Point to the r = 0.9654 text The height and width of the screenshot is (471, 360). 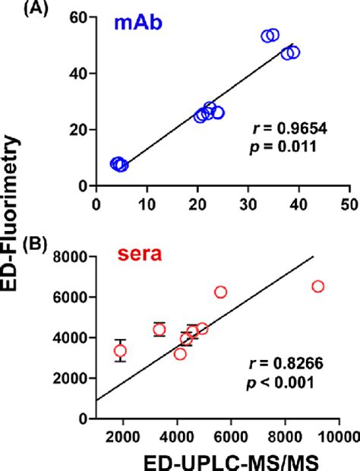285,130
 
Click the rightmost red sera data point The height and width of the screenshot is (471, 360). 317,286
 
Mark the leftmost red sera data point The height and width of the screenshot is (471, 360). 120,351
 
